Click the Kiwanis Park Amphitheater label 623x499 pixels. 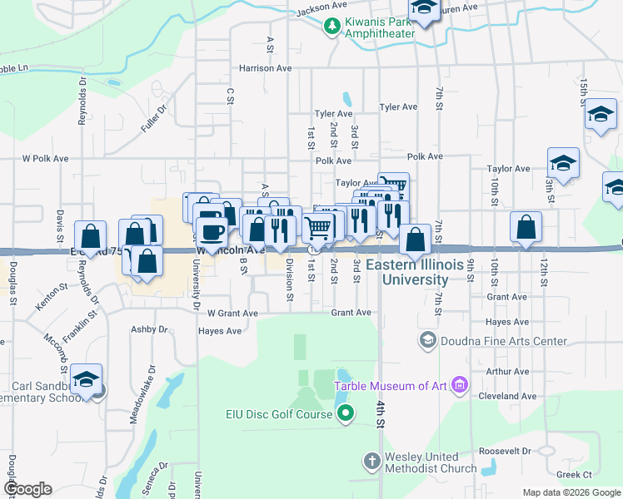[381, 27]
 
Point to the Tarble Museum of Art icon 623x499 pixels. [458, 384]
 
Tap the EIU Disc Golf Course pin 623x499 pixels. [347, 413]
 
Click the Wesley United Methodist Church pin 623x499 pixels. [372, 460]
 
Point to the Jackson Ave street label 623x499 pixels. [320, 9]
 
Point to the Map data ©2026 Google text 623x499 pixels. [571, 492]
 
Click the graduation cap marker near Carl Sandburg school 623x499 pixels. [86, 379]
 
